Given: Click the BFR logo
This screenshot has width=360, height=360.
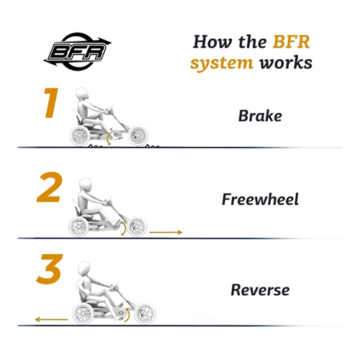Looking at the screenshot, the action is [x=77, y=52].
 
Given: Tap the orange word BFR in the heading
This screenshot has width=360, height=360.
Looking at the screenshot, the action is [x=292, y=42].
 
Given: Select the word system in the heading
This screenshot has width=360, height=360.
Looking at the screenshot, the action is [x=222, y=63].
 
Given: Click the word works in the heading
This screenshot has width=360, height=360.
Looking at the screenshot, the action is [x=286, y=63].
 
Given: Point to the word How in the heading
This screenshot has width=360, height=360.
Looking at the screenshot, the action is [x=212, y=42].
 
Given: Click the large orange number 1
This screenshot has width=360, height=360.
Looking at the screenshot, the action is [x=51, y=103].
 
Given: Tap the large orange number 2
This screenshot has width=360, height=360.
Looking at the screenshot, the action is [x=50, y=187].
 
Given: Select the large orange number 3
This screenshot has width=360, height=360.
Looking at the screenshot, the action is [x=50, y=269].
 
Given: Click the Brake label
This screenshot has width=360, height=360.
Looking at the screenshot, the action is [x=260, y=116].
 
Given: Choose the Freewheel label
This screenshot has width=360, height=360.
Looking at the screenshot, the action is [x=260, y=199].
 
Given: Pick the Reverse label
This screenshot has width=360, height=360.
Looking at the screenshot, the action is [x=260, y=290].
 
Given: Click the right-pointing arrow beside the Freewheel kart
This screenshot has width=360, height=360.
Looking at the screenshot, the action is [x=166, y=232].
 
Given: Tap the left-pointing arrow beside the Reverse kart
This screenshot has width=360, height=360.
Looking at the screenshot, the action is [x=51, y=319].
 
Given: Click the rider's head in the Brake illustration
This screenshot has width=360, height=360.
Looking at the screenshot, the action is [x=83, y=94].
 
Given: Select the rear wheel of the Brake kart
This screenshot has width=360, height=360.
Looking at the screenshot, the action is [x=80, y=136].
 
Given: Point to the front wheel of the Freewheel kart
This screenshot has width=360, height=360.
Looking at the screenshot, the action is [x=137, y=226].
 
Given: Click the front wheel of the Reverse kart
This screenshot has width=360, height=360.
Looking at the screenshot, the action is [x=145, y=313].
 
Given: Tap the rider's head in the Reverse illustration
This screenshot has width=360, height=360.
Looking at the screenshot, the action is [x=84, y=269].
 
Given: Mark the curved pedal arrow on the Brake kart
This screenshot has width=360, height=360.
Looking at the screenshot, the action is [x=108, y=138].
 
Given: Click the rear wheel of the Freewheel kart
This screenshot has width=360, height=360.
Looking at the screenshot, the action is [x=78, y=226].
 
